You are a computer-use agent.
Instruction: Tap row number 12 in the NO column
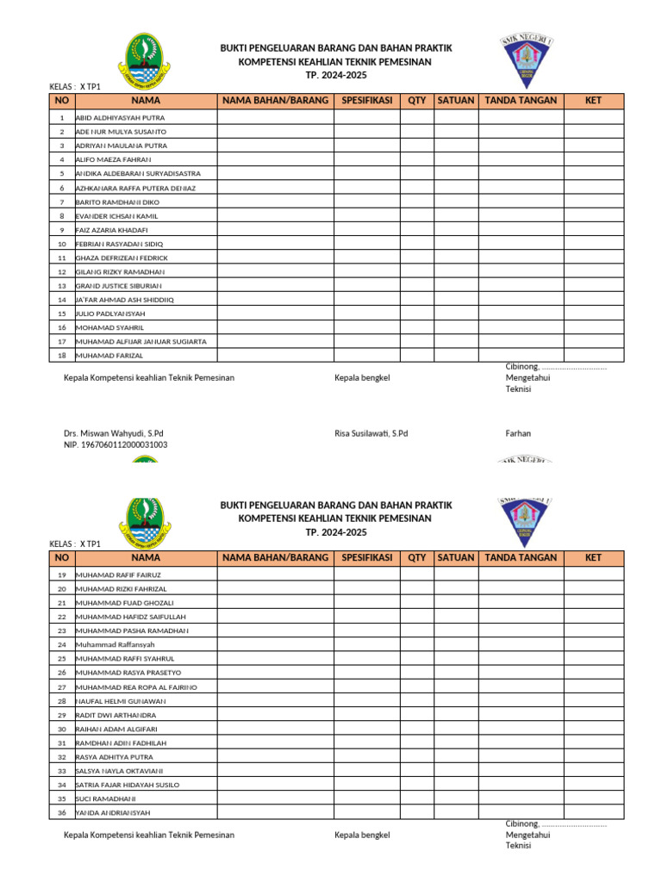coord(61,271)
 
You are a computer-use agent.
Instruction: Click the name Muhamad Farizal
coord(109,355)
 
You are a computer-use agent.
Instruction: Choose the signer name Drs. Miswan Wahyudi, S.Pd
coord(114,433)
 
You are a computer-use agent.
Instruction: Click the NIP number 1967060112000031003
coord(116,444)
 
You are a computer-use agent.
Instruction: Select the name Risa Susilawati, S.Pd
coord(371,433)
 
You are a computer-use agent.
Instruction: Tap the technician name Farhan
coord(518,433)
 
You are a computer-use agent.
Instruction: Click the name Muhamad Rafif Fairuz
coord(119,575)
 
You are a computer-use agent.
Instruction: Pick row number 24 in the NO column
coord(61,644)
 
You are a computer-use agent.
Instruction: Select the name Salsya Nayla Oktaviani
coord(120,771)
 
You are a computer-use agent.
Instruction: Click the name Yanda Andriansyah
coord(113,812)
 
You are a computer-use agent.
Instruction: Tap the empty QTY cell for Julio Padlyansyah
coord(416,314)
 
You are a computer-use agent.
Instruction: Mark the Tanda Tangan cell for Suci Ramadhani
coord(521,798)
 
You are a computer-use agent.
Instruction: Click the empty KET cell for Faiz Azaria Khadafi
coord(593,230)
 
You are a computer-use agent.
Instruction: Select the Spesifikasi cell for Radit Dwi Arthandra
coord(367,715)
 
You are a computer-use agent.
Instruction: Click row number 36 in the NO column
coord(61,812)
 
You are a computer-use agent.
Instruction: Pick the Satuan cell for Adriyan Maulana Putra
coord(455,146)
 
